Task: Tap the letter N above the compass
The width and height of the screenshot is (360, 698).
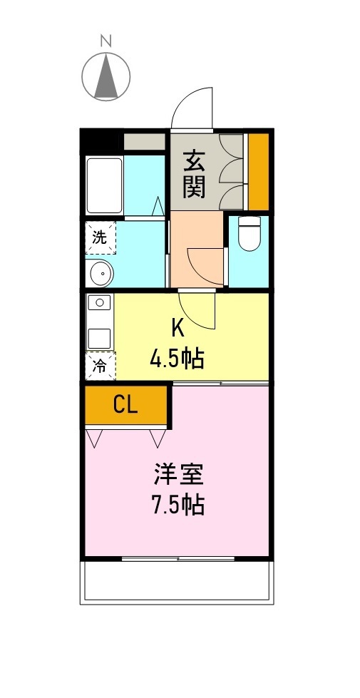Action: [106, 41]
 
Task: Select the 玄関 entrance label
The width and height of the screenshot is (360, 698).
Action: [194, 174]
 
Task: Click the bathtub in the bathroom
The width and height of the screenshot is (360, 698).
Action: [104, 185]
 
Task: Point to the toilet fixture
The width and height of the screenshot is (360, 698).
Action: [248, 235]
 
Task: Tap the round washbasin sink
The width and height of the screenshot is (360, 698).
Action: [101, 272]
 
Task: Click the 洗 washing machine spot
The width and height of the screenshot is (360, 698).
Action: [101, 237]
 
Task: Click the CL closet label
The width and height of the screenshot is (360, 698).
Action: [125, 405]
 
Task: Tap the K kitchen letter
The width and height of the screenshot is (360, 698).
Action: [178, 327]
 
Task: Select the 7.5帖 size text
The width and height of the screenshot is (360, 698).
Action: [178, 505]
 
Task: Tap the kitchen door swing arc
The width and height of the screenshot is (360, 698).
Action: [196, 310]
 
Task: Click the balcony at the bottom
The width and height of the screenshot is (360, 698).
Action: [178, 580]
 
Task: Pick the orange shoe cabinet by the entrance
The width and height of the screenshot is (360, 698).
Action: [258, 171]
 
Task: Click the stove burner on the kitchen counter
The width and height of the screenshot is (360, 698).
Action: [99, 302]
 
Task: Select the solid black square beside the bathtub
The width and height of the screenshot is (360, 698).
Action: [101, 140]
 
